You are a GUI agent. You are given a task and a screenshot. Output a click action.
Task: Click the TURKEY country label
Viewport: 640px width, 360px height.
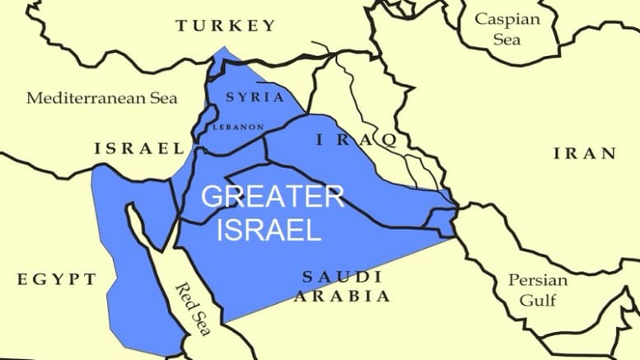225,26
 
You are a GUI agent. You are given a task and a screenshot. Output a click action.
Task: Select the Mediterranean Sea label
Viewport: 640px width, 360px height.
101,98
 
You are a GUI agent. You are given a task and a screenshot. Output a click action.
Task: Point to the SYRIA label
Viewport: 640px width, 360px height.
255,97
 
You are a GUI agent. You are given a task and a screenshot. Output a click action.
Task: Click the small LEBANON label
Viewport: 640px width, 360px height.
238,127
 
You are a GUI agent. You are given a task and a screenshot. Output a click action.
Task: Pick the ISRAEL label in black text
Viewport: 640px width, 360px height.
139,148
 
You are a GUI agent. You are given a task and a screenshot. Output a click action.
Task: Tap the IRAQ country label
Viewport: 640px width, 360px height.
357,141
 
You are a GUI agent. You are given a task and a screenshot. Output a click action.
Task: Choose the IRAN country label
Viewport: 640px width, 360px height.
584,152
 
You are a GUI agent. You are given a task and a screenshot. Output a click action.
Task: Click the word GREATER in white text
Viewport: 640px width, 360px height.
272,198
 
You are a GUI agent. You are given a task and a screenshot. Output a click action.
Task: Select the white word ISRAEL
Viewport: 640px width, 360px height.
268,231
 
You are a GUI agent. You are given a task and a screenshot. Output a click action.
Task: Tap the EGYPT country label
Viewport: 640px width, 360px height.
56,280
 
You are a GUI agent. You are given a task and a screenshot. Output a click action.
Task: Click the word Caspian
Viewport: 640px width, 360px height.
504,17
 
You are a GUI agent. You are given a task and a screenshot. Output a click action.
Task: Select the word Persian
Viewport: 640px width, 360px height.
537,279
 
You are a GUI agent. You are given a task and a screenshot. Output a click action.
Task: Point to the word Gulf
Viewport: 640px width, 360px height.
537,300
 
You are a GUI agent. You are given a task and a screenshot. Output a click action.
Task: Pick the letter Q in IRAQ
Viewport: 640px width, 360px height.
388,142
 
